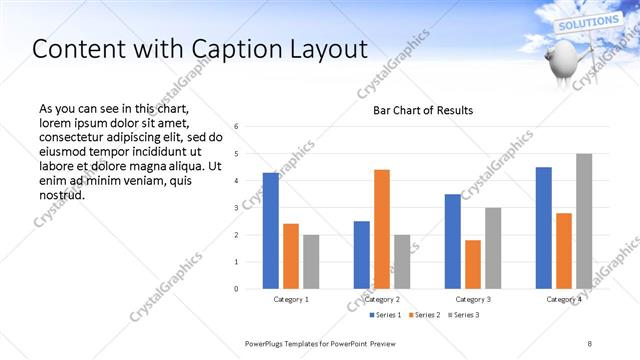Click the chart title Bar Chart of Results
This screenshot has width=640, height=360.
click(423, 110)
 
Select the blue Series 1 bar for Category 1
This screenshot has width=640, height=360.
click(270, 231)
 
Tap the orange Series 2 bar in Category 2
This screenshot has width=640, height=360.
click(381, 229)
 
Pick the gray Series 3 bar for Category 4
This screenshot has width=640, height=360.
click(584, 221)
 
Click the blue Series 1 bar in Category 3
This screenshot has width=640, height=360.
click(452, 241)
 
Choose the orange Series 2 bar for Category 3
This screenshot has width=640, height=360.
click(472, 264)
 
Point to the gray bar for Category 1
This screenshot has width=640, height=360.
click(311, 262)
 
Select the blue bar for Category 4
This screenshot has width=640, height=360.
click(543, 228)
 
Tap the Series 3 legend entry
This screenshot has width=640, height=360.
click(465, 316)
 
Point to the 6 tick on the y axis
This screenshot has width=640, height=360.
click(236, 127)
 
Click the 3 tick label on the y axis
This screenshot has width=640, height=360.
click(236, 208)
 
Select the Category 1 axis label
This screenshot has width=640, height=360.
click(291, 299)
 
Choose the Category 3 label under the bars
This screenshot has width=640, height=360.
click(472, 299)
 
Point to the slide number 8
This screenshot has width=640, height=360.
click(589, 343)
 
